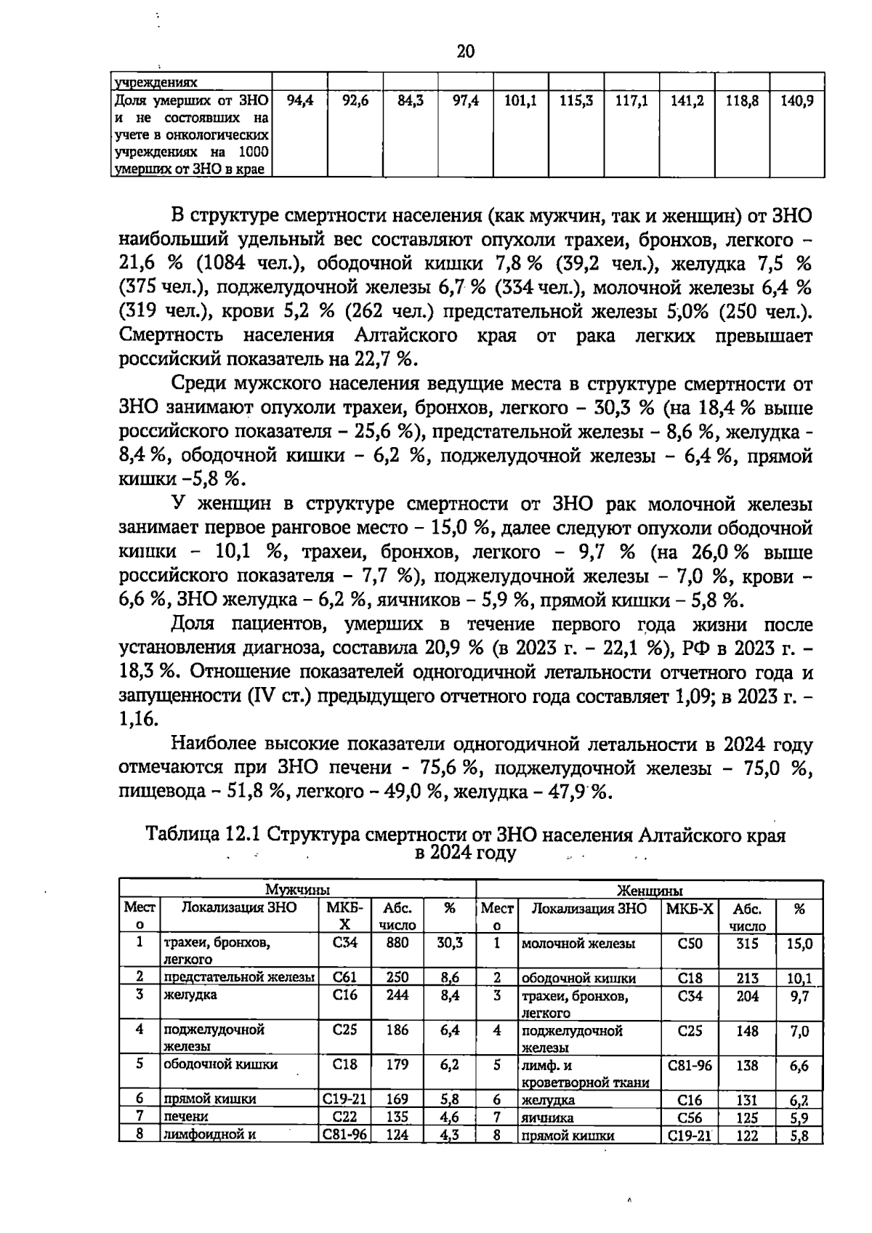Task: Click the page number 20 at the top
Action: [x=466, y=51]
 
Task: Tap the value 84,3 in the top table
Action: [x=411, y=102]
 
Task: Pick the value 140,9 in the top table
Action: [x=797, y=102]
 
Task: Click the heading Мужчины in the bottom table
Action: [x=297, y=889]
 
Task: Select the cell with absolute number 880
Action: [x=397, y=943]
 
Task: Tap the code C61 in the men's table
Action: [x=345, y=978]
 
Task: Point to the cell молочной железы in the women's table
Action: [x=578, y=944]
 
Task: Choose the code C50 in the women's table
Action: [x=690, y=944]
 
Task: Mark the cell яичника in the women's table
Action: [x=547, y=1118]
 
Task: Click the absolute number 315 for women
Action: [x=747, y=944]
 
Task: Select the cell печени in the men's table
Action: [x=185, y=1117]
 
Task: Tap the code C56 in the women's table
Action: [x=690, y=1118]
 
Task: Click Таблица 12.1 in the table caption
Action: [x=203, y=835]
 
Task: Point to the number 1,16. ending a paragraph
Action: [x=137, y=719]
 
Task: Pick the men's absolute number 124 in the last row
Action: [x=397, y=1134]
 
